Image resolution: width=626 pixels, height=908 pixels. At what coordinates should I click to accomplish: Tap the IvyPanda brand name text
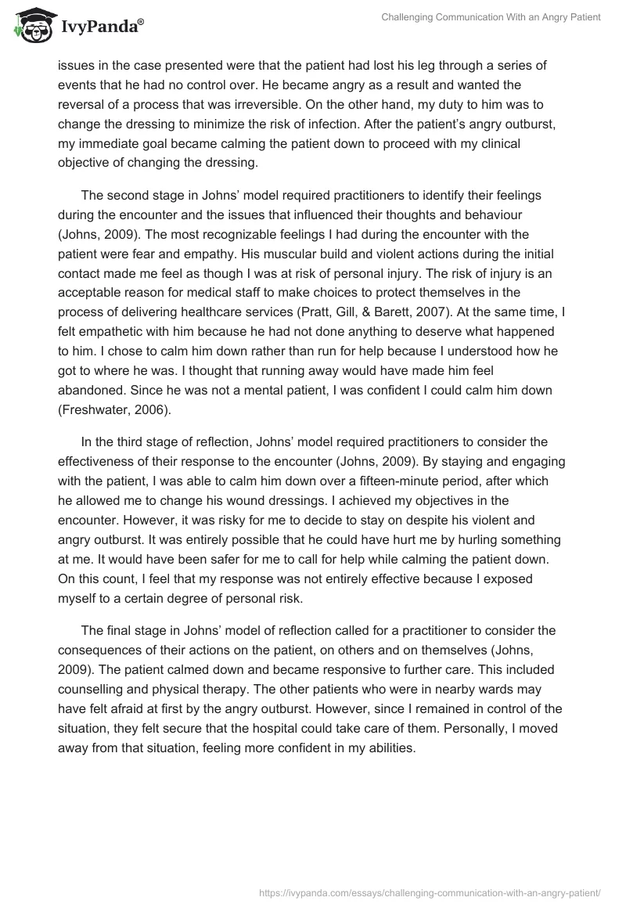101,27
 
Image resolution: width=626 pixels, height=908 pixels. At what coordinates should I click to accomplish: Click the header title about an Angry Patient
490,17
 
